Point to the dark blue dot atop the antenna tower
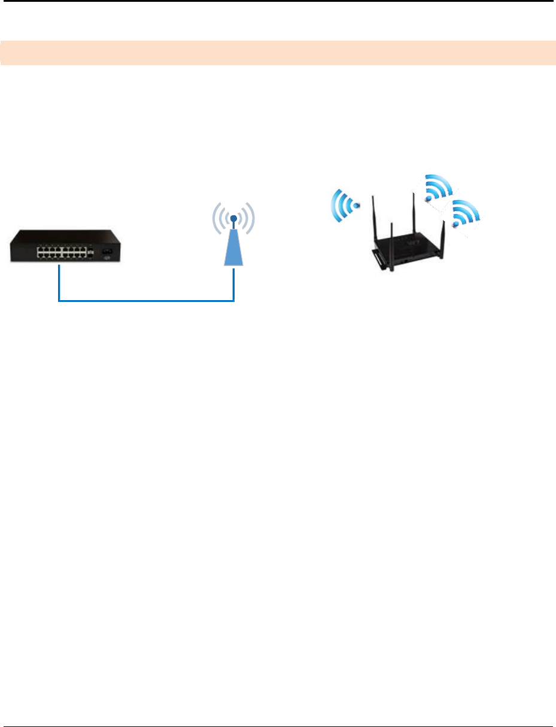[233, 219]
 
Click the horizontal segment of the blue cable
[146, 301]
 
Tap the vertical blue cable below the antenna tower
[233, 283]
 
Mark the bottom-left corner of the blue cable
[59, 301]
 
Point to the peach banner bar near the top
[278, 53]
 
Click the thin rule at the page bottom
[278, 711]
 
